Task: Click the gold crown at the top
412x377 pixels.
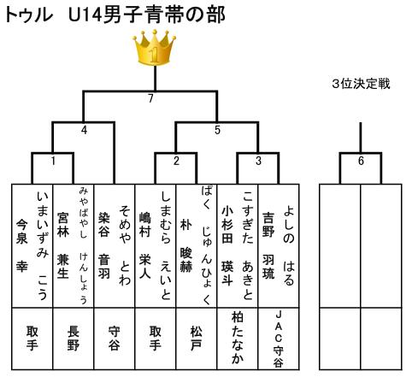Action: pyautogui.click(x=154, y=47)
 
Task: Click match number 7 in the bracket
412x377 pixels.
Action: pyautogui.click(x=150, y=98)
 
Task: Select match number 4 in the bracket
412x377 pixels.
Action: pyautogui.click(x=84, y=130)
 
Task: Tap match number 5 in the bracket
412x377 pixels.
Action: pyautogui.click(x=217, y=130)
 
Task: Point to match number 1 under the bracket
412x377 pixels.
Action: pyautogui.click(x=53, y=161)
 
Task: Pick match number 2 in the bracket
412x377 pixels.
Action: pyautogui.click(x=176, y=161)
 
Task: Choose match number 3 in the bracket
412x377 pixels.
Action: pyautogui.click(x=258, y=161)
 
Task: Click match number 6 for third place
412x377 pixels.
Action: pyautogui.click(x=361, y=161)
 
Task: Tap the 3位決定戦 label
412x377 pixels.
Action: pyautogui.click(x=361, y=84)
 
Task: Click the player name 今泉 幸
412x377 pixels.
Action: pyautogui.click(x=21, y=245)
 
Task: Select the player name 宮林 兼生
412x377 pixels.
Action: pyautogui.click(x=62, y=245)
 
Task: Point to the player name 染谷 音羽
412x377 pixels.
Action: pyautogui.click(x=104, y=245)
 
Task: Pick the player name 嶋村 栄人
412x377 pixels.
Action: pyautogui.click(x=145, y=245)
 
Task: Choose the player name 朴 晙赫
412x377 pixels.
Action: pyautogui.click(x=186, y=245)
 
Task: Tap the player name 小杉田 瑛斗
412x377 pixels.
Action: pyautogui.click(x=227, y=245)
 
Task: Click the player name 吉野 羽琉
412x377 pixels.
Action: pyautogui.click(x=268, y=245)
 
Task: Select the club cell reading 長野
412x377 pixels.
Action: pyautogui.click(x=73, y=339)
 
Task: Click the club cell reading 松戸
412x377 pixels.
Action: pyautogui.click(x=197, y=339)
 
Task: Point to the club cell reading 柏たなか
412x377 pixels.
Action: pyautogui.click(x=238, y=339)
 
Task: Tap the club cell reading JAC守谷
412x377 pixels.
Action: pyautogui.click(x=279, y=339)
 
